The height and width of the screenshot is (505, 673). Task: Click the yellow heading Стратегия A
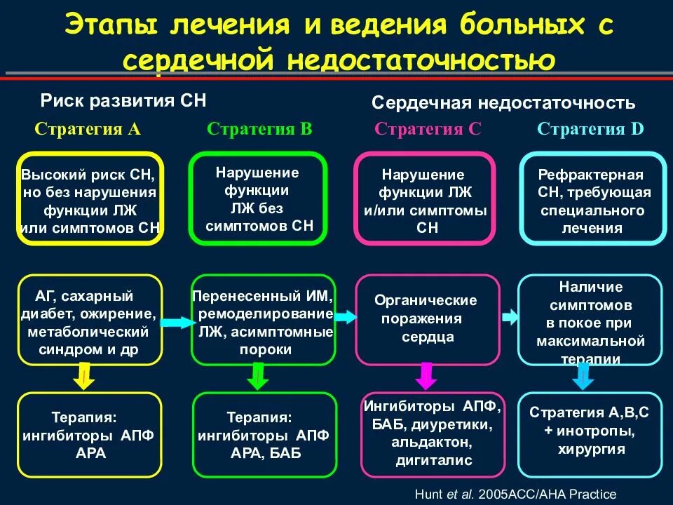[x=88, y=129]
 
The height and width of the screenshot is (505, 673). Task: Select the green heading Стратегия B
[x=259, y=129]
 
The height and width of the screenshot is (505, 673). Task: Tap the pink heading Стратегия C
[x=428, y=129]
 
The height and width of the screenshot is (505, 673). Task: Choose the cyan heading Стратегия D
[x=590, y=129]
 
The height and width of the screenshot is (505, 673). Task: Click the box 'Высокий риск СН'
[x=90, y=198]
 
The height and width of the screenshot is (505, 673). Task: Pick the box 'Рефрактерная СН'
[x=593, y=198]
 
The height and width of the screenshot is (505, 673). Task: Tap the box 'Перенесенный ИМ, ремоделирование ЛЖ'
[x=263, y=319]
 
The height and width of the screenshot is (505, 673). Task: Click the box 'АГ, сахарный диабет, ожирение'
[x=90, y=319]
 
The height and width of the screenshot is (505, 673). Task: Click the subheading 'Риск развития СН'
[x=123, y=100]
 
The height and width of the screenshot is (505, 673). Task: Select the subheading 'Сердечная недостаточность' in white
[x=503, y=104]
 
